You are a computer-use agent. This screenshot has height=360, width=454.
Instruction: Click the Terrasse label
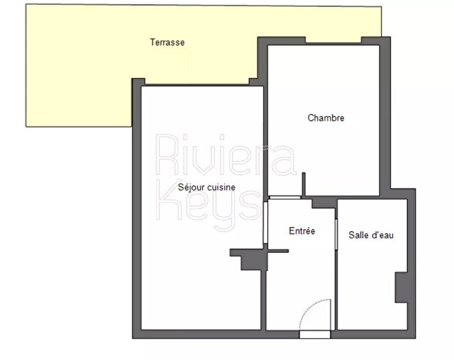(167, 43)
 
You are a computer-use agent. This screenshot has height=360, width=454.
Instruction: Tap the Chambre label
(326, 118)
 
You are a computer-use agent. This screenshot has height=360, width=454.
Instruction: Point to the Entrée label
(302, 231)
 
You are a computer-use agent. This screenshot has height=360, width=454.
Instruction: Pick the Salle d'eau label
(370, 235)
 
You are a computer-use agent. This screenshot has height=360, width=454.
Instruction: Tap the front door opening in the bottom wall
(315, 335)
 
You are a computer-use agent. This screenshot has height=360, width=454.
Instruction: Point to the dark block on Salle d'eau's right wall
(401, 287)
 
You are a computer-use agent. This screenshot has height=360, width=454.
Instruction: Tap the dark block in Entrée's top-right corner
(325, 203)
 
